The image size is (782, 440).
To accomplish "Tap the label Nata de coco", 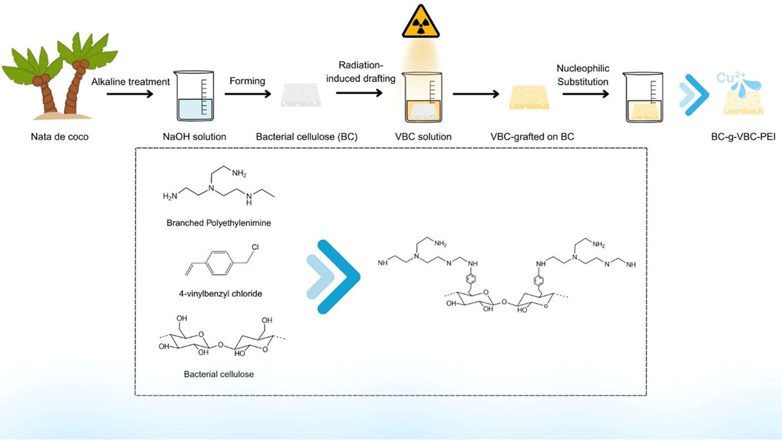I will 58,137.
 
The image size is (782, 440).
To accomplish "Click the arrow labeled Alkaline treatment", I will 130,94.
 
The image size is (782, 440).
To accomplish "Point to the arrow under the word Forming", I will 247,94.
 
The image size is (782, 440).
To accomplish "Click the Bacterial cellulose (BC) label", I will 306,137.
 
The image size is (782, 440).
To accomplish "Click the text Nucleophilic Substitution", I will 583,75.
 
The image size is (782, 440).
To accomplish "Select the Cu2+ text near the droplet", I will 731,79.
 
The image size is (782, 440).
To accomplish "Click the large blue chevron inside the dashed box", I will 335,277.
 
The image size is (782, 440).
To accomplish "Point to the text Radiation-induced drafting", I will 367,72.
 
